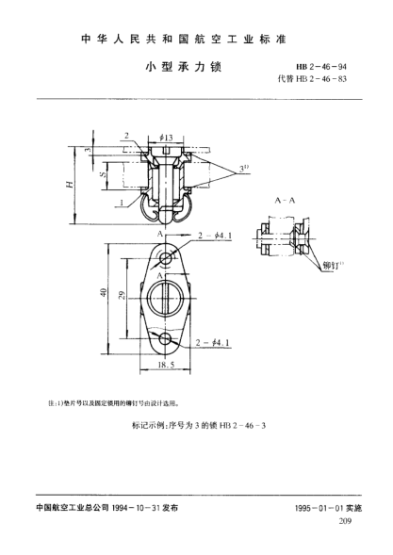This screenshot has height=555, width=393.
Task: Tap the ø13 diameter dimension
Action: click(x=165, y=137)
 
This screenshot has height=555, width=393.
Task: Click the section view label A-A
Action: click(x=285, y=202)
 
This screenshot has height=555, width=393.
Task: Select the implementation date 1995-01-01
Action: click(x=317, y=507)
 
